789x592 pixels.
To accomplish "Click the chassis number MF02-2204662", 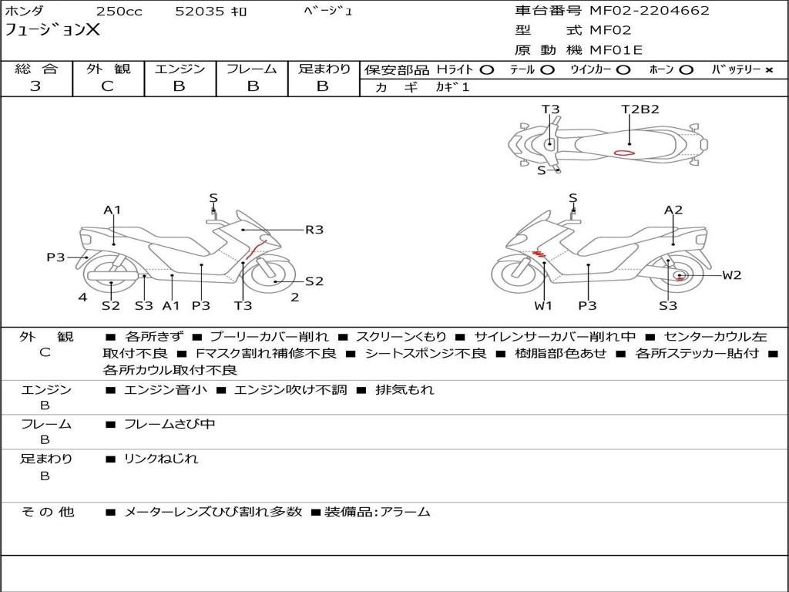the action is (x=649, y=11).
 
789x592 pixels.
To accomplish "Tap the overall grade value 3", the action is (x=35, y=86).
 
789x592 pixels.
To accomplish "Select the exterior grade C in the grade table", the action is (x=107, y=86).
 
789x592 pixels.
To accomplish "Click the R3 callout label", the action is (x=314, y=229).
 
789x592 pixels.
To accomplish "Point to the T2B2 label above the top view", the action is (x=640, y=109).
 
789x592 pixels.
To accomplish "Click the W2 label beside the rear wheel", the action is (x=731, y=275).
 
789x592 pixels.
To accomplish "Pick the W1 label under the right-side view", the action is (x=544, y=306).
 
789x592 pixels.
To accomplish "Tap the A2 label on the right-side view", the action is (x=673, y=210).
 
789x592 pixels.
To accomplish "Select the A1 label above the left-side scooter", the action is (x=112, y=210).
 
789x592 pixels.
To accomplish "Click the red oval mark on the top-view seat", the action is (x=625, y=153).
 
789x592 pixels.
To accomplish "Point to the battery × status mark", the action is (x=769, y=69).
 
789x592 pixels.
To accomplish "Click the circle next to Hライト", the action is (x=486, y=69).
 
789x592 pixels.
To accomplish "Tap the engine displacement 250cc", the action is (x=119, y=11).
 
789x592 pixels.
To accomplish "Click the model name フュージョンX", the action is (x=52, y=30).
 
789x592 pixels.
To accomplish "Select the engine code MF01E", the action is (x=616, y=50).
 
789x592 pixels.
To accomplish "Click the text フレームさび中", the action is (x=170, y=424).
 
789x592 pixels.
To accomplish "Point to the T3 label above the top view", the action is (x=550, y=109).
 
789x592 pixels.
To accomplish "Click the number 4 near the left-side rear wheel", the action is (x=82, y=298).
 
